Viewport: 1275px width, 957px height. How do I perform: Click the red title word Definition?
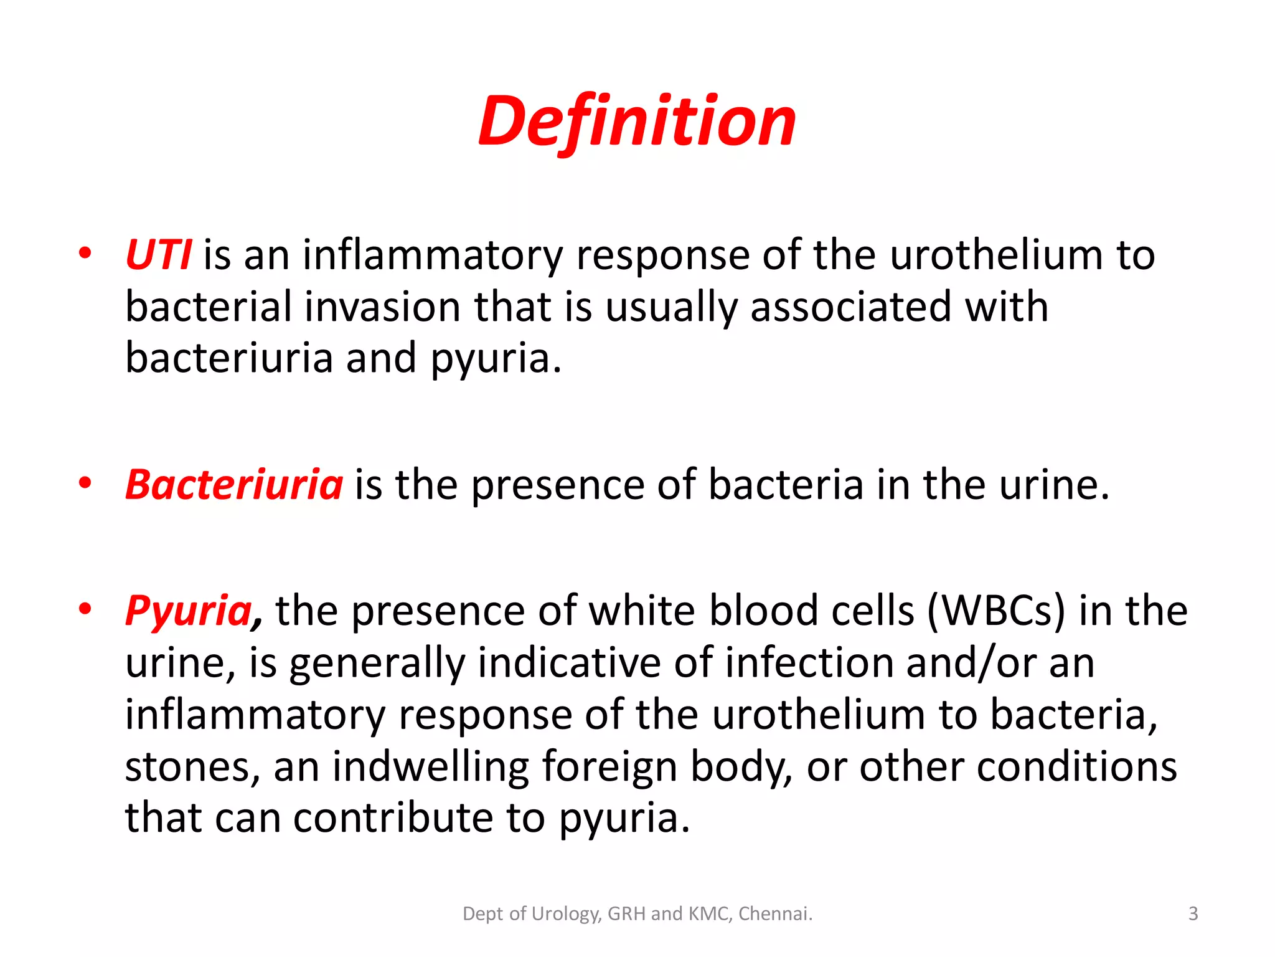(x=637, y=121)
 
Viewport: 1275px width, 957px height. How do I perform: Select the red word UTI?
(x=158, y=255)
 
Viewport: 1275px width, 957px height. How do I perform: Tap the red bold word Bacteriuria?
(x=234, y=485)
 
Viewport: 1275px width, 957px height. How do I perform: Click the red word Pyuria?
(x=189, y=611)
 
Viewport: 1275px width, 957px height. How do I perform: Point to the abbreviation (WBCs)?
(x=996, y=611)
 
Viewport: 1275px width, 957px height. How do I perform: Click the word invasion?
(x=382, y=307)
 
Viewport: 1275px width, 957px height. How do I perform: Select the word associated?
(x=850, y=307)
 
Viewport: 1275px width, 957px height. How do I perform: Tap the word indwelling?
(x=430, y=766)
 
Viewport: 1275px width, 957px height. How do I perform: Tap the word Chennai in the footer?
(x=775, y=914)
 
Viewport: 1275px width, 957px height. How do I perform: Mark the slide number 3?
(x=1193, y=914)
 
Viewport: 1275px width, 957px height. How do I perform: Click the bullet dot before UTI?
(x=85, y=253)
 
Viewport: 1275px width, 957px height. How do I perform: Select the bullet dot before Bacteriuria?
(x=85, y=482)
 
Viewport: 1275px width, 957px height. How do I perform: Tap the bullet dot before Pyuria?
(x=85, y=608)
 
